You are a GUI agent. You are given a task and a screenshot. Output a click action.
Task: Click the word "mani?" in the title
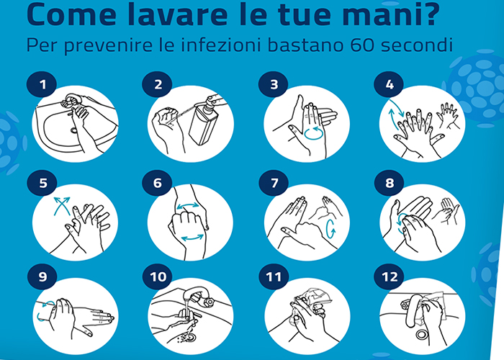coord(390,14)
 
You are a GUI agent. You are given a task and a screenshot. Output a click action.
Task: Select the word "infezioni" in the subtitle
coord(221,45)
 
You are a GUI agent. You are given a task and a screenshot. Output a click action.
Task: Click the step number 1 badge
coord(42,84)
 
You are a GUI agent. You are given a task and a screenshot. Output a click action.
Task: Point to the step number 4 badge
coord(389,84)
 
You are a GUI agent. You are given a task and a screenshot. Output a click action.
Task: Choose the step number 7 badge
coord(274,183)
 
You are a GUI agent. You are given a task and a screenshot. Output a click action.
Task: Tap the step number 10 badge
coord(158,276)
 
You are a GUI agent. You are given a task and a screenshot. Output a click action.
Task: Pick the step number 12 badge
coord(390,276)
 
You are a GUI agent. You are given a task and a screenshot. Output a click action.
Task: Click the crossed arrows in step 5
coord(62,206)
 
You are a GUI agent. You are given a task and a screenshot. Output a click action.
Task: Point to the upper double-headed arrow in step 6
coord(188,206)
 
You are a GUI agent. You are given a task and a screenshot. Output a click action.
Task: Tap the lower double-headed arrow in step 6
coord(192,238)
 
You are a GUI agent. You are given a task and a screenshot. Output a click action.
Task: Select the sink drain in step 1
coord(74,130)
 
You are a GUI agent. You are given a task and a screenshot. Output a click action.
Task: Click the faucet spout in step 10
coord(195,294)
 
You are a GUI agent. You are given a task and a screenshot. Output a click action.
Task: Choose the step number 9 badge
coord(42,276)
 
